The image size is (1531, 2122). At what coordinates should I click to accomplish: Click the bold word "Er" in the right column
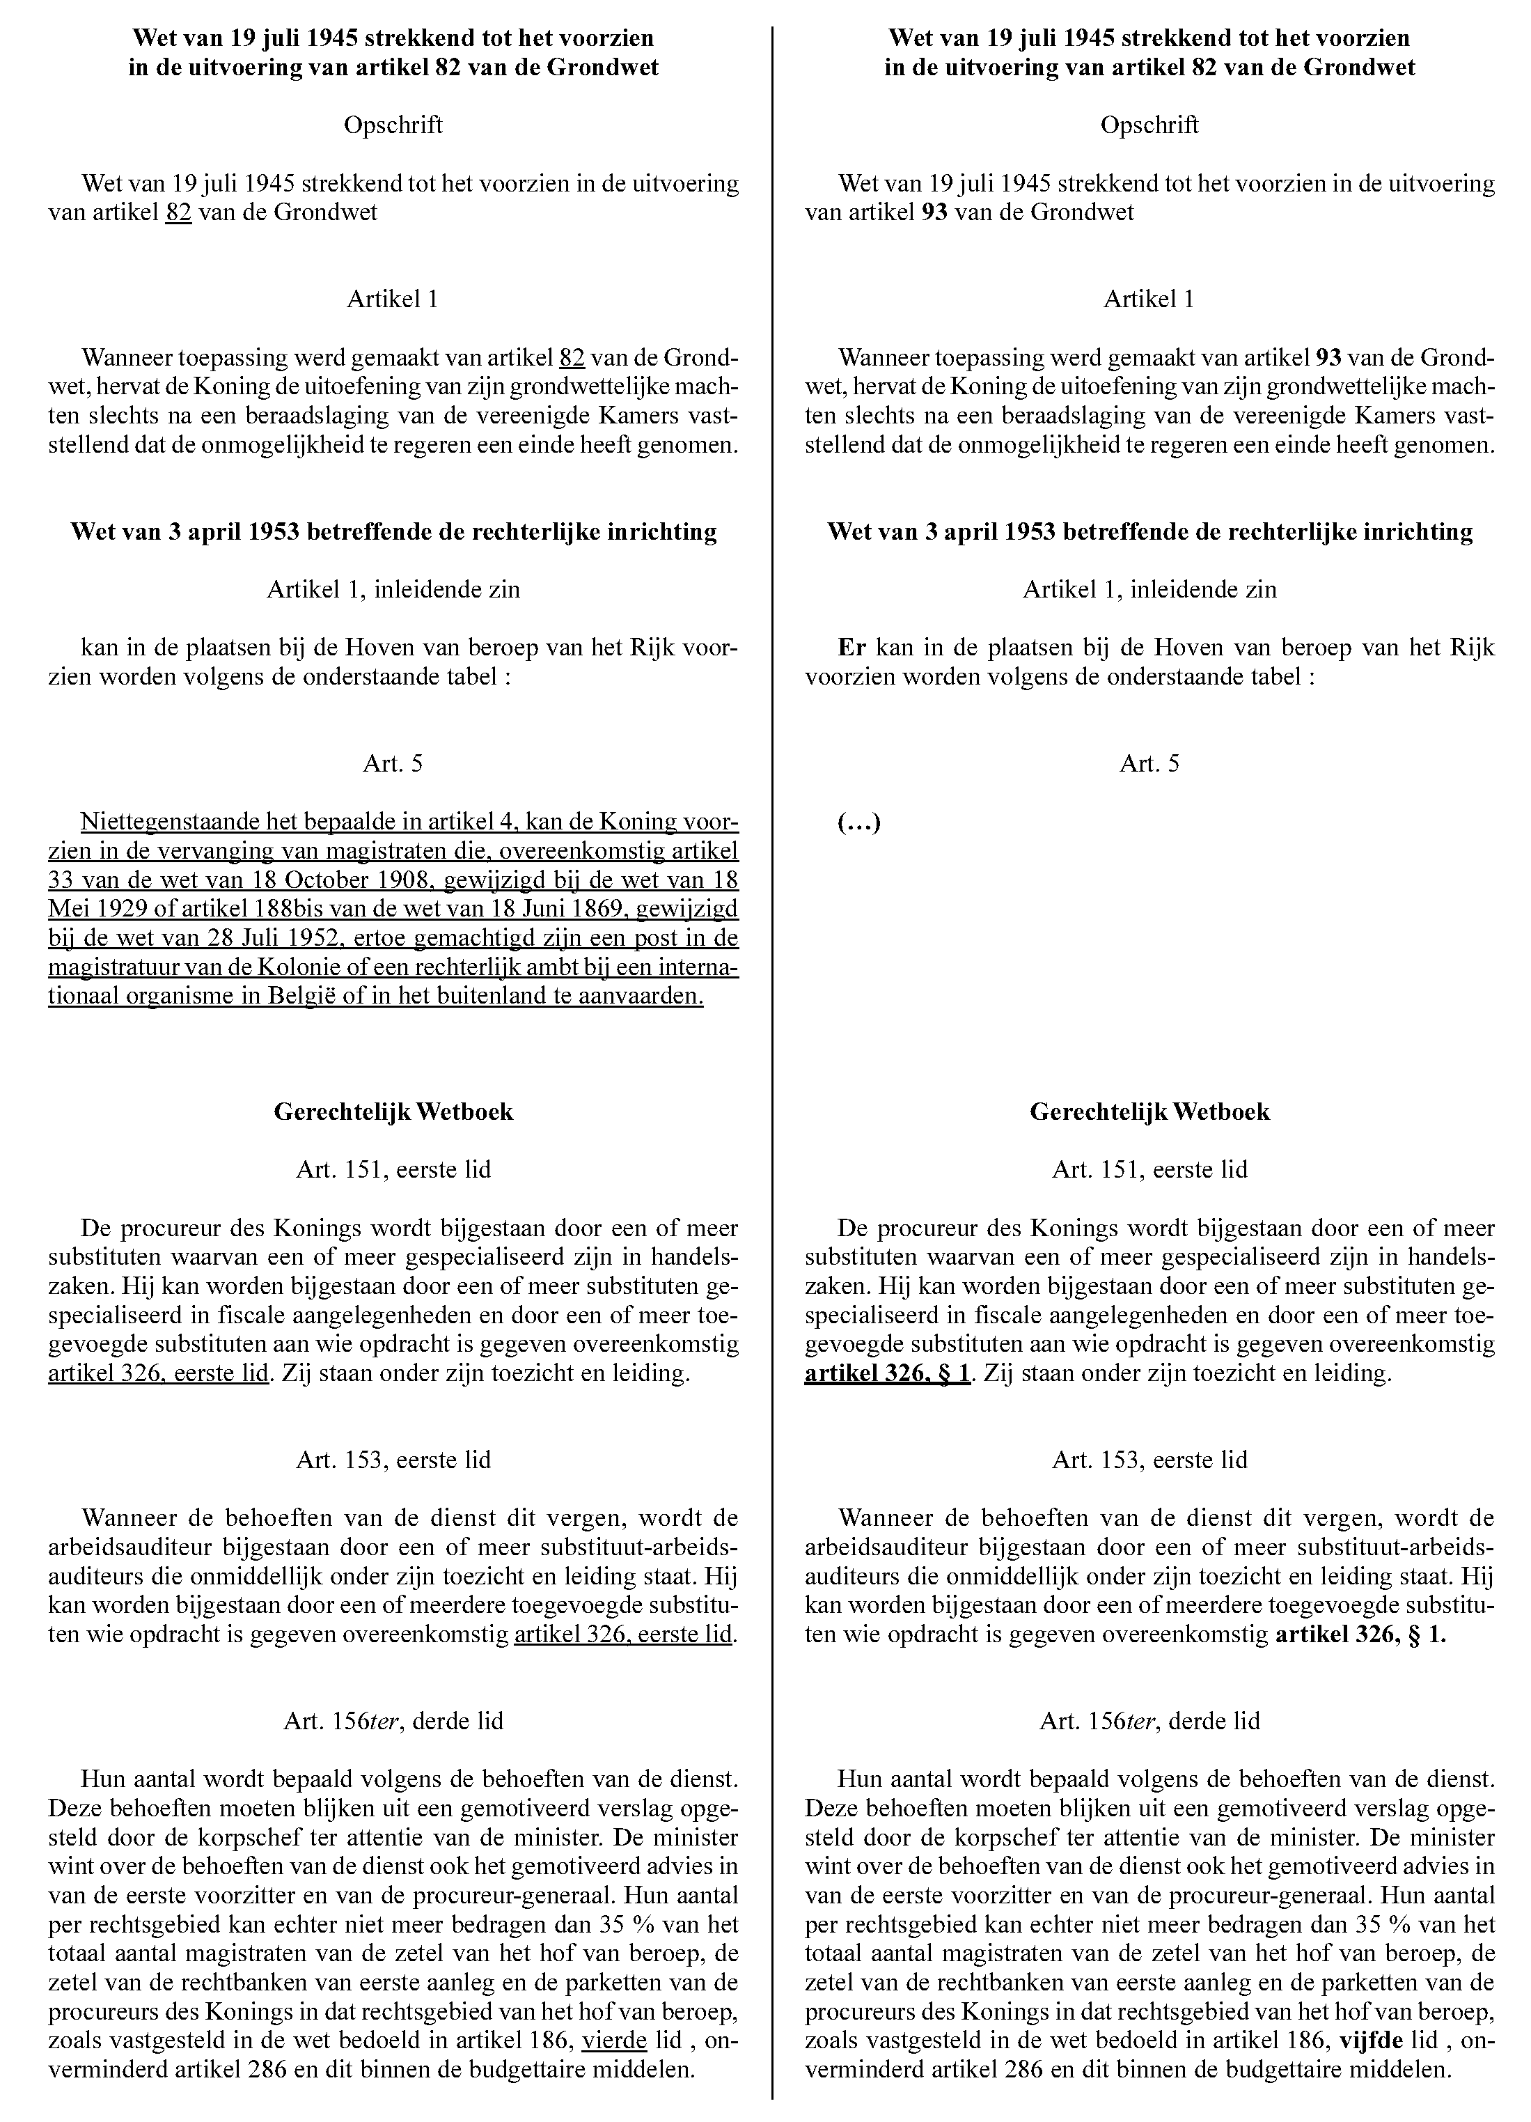(x=852, y=648)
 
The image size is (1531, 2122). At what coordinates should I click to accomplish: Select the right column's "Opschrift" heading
(x=1149, y=125)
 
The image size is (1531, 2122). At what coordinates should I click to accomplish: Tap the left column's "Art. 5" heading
(x=393, y=763)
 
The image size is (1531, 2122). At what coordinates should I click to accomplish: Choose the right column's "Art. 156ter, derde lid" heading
(x=1149, y=1721)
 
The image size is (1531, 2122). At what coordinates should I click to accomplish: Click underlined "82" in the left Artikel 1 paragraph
(x=572, y=357)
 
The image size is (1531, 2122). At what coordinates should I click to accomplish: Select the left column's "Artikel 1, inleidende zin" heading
(x=393, y=589)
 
